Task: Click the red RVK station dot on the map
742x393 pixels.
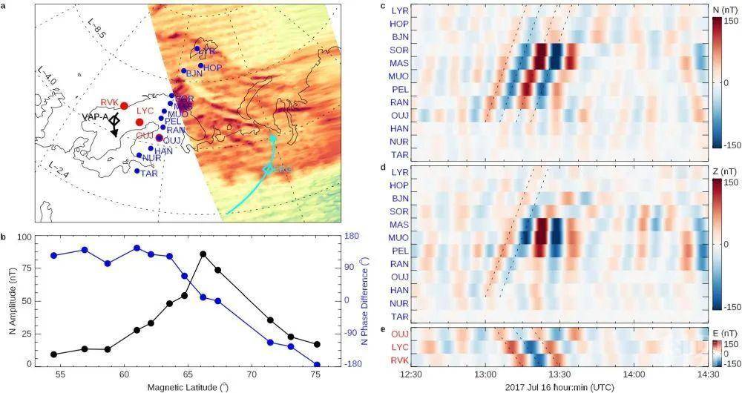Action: (x=124, y=106)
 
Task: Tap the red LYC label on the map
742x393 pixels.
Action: (x=145, y=110)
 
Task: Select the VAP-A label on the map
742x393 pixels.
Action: (x=95, y=117)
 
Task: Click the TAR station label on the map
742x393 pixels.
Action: (x=149, y=174)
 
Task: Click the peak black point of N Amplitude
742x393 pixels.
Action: (x=203, y=254)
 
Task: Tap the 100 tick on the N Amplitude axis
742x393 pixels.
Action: (x=28, y=237)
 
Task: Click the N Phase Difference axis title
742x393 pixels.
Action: (x=365, y=300)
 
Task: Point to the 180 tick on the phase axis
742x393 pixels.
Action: (x=348, y=237)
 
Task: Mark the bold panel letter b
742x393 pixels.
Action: (x=5, y=237)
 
